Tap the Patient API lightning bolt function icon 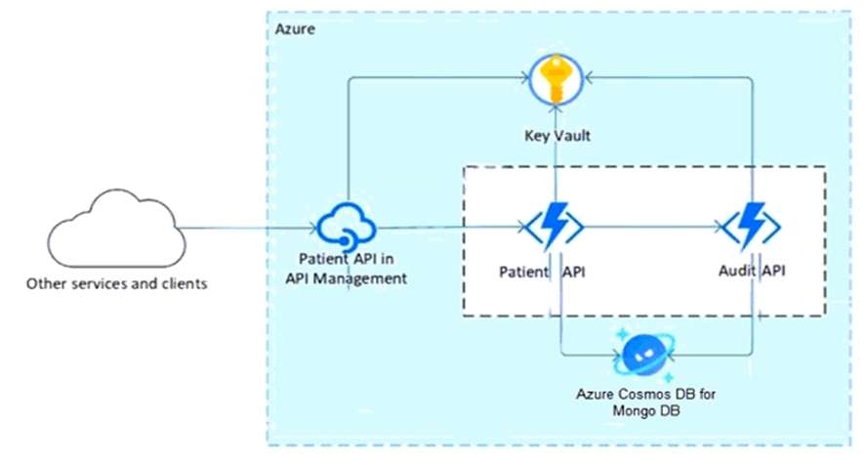(556, 227)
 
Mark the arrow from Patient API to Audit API (654, 228)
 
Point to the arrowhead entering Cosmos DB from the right (671, 356)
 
